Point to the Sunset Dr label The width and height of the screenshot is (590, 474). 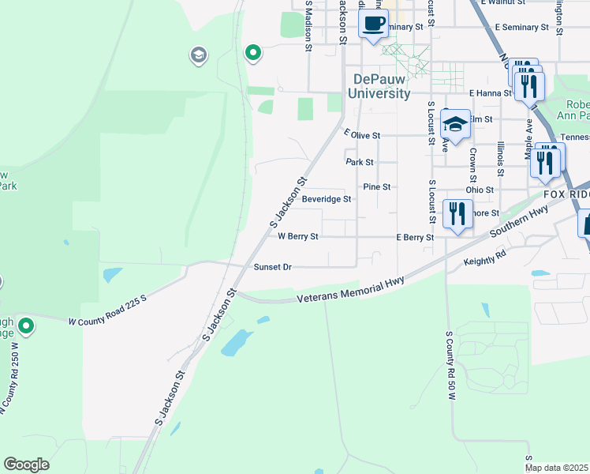click(273, 267)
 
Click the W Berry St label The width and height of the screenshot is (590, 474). click(297, 236)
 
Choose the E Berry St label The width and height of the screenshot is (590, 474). click(415, 237)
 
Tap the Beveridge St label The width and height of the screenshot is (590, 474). click(327, 199)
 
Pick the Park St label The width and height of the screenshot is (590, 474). click(359, 161)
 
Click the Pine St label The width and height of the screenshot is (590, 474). click(377, 186)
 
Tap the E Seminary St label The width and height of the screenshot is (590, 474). click(521, 27)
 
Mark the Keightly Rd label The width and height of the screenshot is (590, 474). click(484, 261)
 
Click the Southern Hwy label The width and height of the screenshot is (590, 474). click(518, 224)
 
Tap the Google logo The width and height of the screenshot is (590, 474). click(26, 465)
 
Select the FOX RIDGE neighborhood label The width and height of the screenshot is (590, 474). click(566, 194)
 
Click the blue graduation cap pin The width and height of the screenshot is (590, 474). click(456, 123)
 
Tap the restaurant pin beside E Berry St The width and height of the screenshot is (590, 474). click(457, 213)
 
